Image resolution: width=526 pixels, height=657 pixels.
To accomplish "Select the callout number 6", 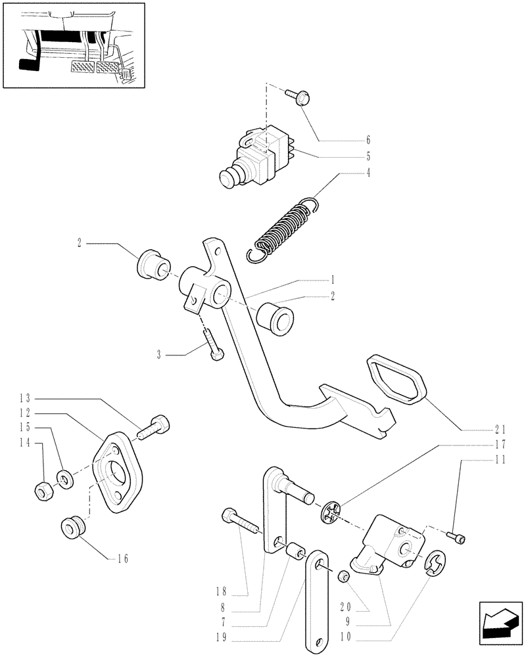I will [368, 140].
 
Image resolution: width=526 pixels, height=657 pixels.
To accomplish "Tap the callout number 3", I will [159, 355].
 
